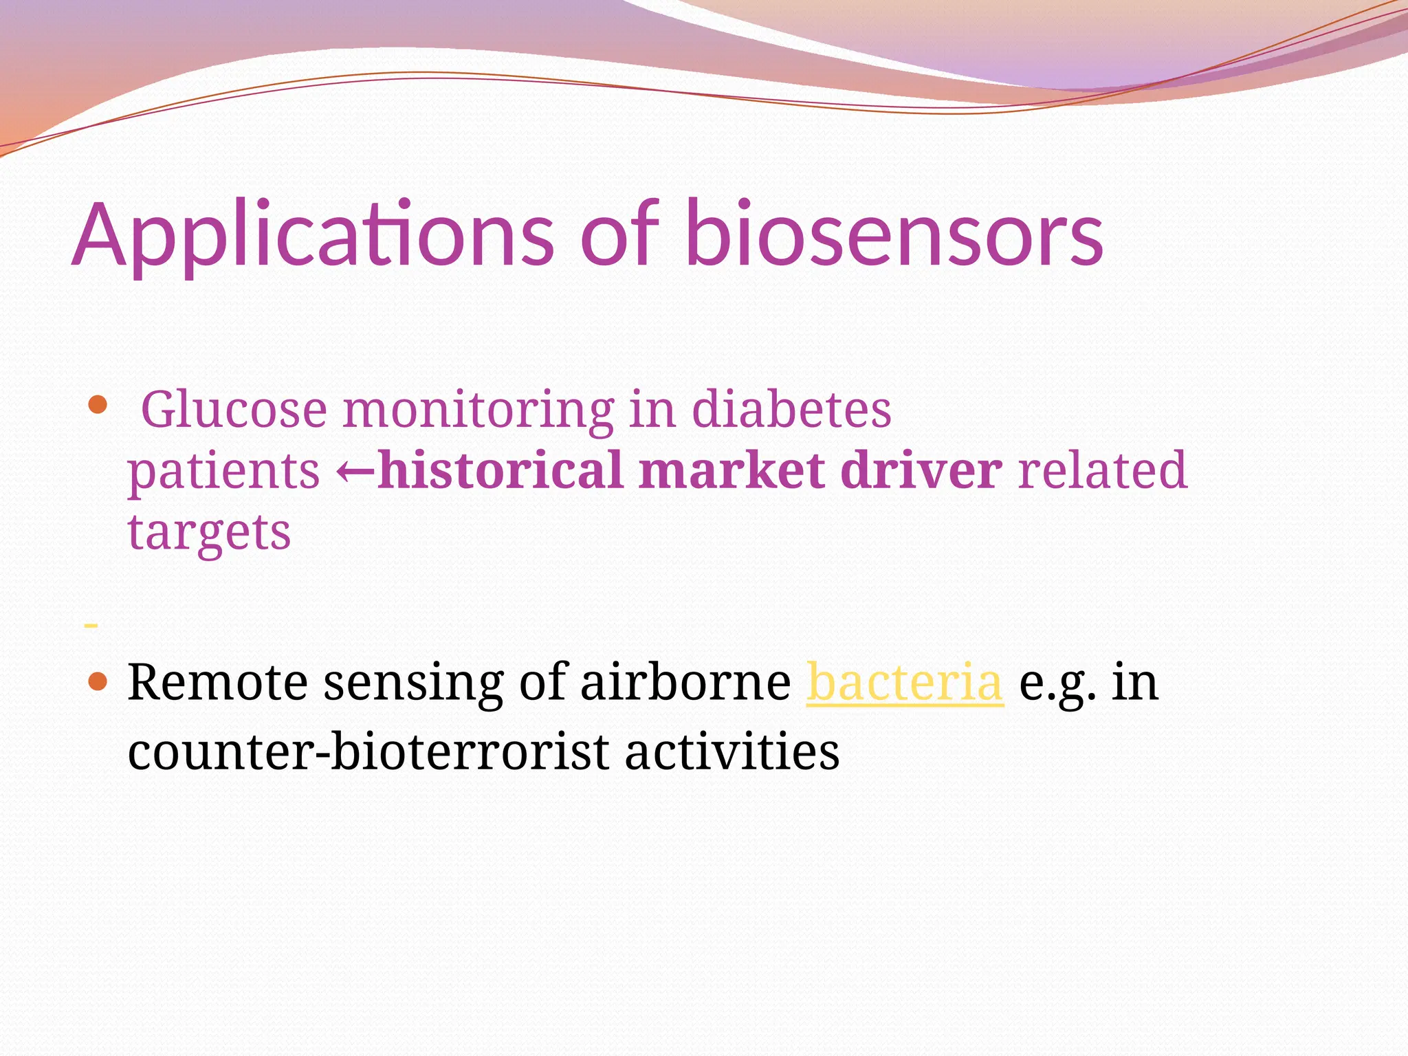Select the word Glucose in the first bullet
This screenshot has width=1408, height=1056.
[x=234, y=410]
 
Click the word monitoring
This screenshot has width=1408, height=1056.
[x=478, y=410]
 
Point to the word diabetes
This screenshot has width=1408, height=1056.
[x=791, y=410]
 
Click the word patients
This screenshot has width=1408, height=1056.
[x=223, y=472]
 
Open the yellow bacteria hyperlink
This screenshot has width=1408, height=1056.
[x=904, y=682]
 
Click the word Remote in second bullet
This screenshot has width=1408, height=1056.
[x=217, y=682]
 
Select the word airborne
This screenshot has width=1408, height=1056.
[x=685, y=682]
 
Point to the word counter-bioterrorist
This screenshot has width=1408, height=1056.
[x=368, y=751]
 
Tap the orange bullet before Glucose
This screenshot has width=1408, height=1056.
[x=98, y=404]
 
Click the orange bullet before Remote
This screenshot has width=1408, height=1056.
[x=98, y=682]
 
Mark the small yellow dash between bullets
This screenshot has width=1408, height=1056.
[x=90, y=625]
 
